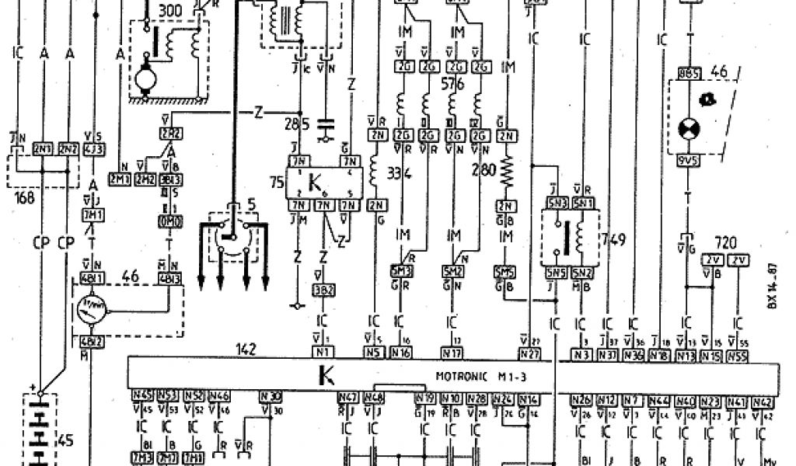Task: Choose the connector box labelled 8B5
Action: pos(690,75)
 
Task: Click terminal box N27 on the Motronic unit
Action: pos(530,354)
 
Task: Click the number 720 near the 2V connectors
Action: pos(725,242)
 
